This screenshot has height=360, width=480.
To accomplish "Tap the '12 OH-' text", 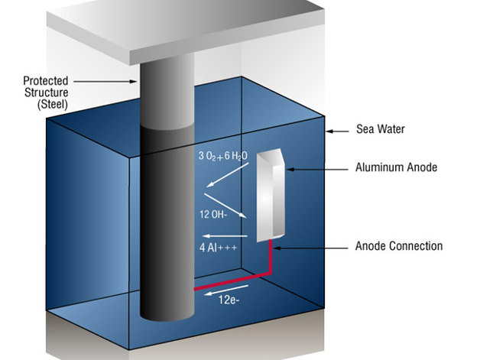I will point(215,215).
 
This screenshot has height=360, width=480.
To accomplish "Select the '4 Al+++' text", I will point(215,248).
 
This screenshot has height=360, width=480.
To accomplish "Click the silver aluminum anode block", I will point(268,199).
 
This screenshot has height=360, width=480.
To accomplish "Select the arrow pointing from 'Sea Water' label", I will point(341,131).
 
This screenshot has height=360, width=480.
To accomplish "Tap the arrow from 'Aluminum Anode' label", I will point(316,167).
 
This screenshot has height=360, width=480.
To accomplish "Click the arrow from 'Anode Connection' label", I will point(313,247).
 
